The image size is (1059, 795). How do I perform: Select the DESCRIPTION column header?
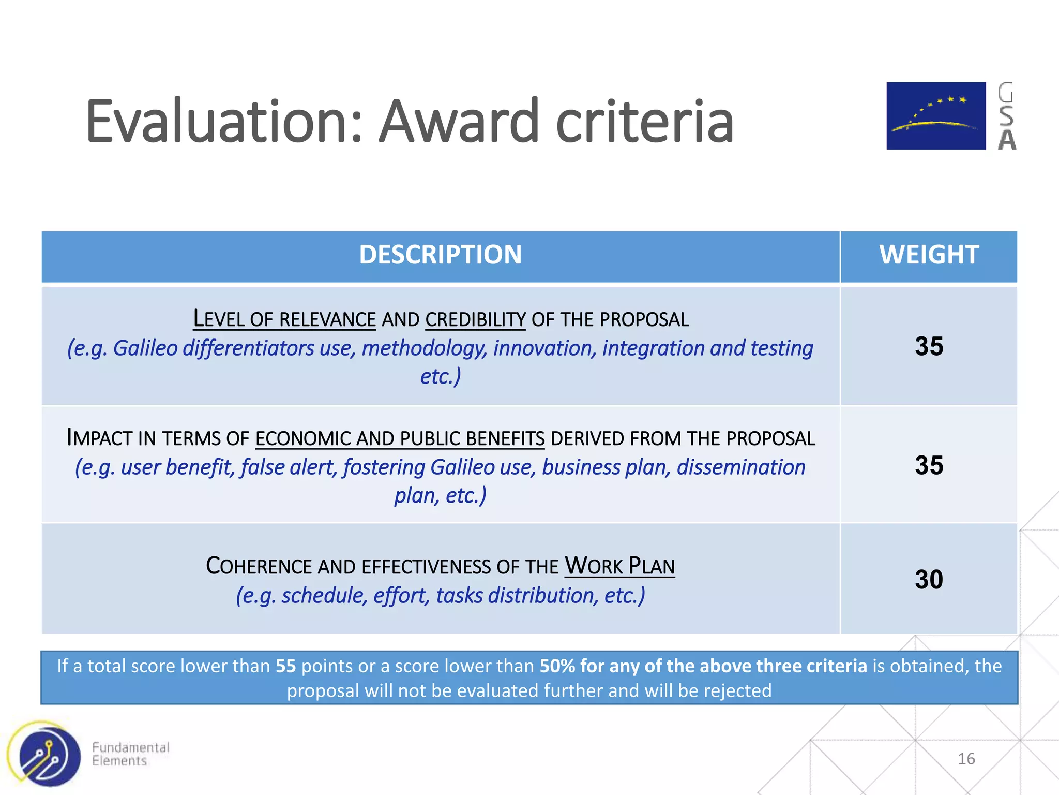pos(440,255)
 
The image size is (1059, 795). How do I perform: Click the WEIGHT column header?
pos(929,255)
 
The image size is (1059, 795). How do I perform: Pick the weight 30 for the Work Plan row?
pos(929,579)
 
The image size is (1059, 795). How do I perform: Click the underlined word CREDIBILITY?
pos(475,320)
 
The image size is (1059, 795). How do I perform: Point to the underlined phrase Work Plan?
pos(619,566)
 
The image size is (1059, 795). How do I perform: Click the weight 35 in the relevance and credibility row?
pos(929,346)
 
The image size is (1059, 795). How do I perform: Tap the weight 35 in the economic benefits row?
pos(929,465)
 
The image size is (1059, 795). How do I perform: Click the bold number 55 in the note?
pos(285,666)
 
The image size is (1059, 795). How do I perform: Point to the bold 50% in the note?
pos(557,666)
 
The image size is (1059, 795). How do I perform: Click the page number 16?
pos(966,759)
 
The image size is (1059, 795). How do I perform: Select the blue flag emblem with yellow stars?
pos(936,116)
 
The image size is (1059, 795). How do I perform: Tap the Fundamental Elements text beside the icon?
pos(130,754)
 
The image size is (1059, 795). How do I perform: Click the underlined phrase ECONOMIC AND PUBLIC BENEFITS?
pos(400,439)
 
